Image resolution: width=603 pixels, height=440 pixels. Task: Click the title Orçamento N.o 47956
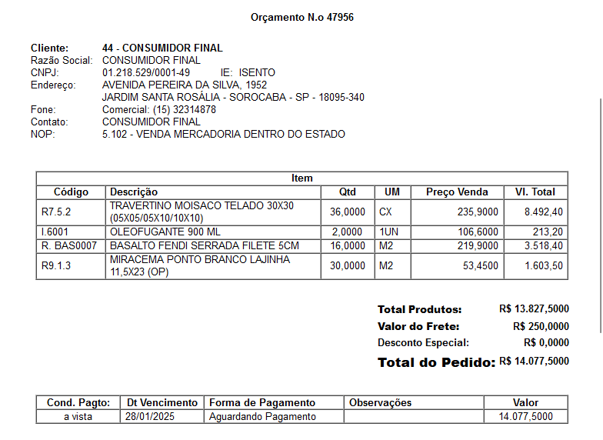[302, 17]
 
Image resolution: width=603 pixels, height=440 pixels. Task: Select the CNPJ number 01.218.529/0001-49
[146, 72]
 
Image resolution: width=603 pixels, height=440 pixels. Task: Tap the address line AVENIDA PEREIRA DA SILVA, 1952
[185, 85]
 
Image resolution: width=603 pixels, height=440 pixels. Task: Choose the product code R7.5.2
[56, 212]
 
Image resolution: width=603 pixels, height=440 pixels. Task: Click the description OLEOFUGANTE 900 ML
[165, 232]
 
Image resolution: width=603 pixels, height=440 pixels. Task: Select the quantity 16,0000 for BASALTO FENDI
[348, 245]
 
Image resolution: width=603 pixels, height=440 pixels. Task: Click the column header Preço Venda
[457, 192]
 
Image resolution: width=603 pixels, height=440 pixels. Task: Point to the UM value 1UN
[389, 232]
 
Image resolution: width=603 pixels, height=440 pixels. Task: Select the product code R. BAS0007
[69, 245]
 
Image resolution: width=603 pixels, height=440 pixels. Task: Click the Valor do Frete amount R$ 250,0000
[541, 326]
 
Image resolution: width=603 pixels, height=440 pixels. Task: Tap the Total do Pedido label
[436, 362]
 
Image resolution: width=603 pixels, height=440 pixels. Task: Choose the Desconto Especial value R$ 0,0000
[546, 342]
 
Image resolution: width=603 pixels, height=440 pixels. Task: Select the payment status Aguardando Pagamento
[262, 416]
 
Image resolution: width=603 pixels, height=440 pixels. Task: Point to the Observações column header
[380, 402]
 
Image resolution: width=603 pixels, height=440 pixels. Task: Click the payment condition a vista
[78, 416]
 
